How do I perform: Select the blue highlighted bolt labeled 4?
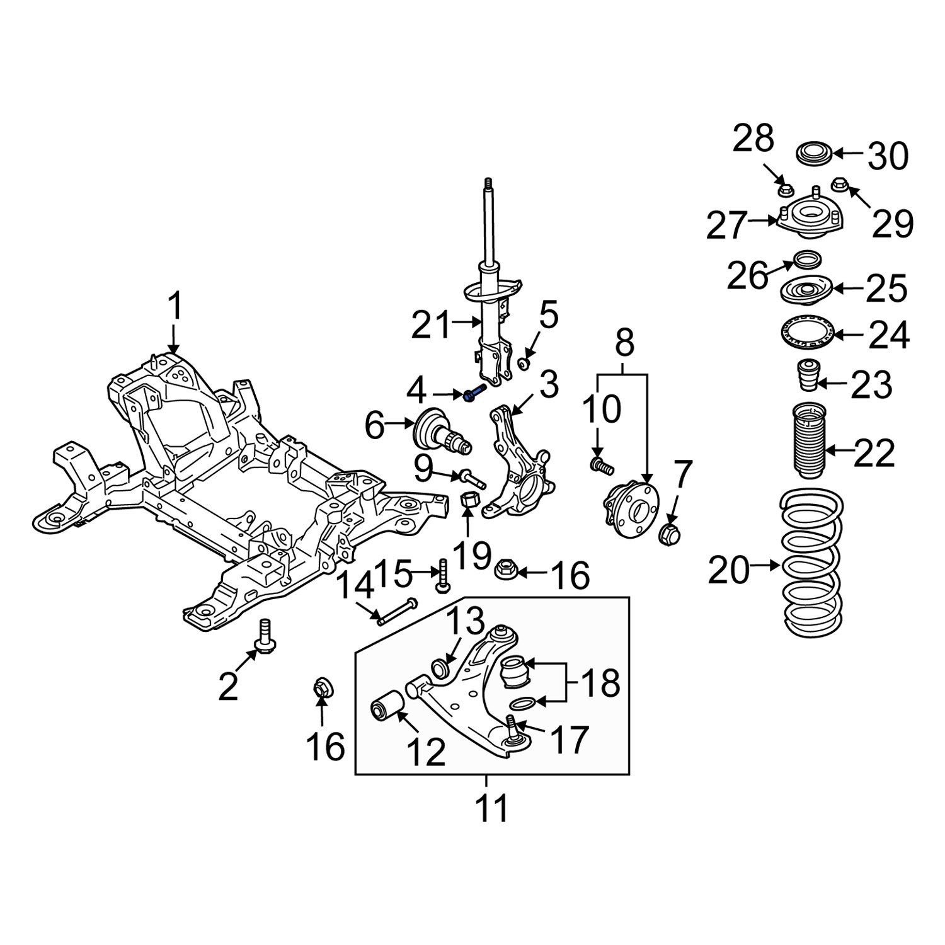tap(474, 394)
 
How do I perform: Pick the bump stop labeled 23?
tap(806, 377)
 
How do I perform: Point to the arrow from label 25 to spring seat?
tap(847, 289)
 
